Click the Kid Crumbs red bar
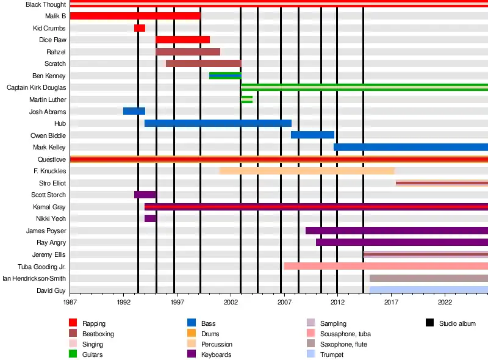pos(140,28)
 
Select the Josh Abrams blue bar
pos(134,111)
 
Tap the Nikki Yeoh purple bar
pos(150,218)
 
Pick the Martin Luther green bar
pos(246,99)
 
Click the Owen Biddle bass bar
pos(312,135)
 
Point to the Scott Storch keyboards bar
pos(145,195)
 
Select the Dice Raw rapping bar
pos(182,40)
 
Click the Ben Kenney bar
pos(225,76)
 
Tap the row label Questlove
pos(52,159)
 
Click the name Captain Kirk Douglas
pos(36,87)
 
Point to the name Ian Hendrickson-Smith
pos(34,279)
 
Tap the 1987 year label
pos(70,301)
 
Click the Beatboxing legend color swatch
pos(73,334)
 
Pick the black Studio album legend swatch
pos(429,323)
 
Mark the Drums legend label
pos(210,334)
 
